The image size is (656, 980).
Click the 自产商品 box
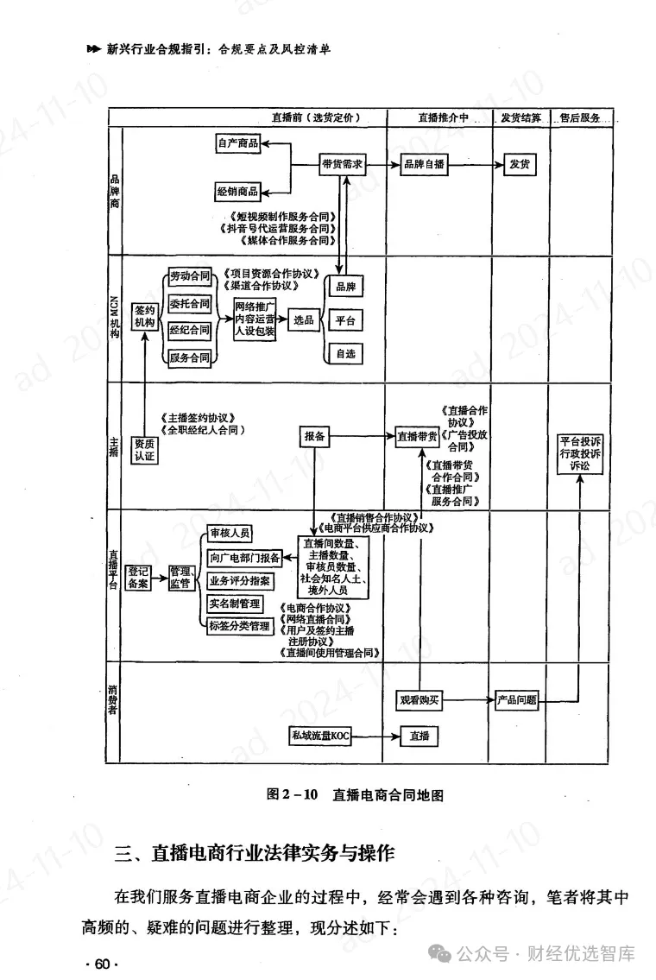point(238,143)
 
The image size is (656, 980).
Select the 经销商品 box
point(238,192)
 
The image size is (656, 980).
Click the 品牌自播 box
point(423,164)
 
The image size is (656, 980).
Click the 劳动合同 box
point(190,276)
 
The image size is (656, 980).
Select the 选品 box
point(304,319)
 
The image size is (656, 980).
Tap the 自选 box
point(344,353)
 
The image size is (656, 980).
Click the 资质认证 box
point(144,449)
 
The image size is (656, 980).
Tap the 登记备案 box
point(139,577)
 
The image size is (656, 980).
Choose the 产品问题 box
point(517,700)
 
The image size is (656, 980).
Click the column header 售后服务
point(580,117)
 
